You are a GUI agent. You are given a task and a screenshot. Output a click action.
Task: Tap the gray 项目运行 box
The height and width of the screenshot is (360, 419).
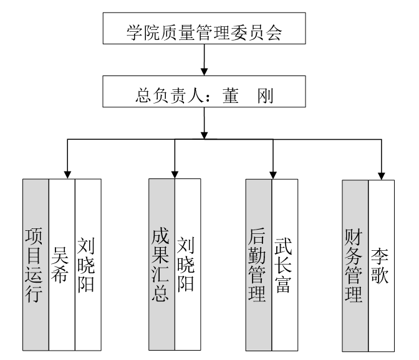click(x=36, y=266)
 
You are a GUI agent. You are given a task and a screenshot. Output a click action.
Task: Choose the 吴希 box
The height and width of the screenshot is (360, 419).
click(x=61, y=266)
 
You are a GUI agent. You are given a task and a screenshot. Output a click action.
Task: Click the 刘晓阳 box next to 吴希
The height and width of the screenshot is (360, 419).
click(x=87, y=266)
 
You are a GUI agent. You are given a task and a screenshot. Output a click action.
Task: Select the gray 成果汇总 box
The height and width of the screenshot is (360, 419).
click(x=161, y=266)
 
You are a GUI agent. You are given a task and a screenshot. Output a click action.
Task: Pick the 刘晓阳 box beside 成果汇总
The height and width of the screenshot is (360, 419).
click(x=188, y=266)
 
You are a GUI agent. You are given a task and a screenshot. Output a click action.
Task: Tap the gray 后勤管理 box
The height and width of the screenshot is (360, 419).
click(x=258, y=266)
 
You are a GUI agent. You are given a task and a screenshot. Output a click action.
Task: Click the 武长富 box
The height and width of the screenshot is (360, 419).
click(x=284, y=266)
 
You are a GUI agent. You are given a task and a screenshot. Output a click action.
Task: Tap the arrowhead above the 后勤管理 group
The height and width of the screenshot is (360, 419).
click(x=272, y=173)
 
